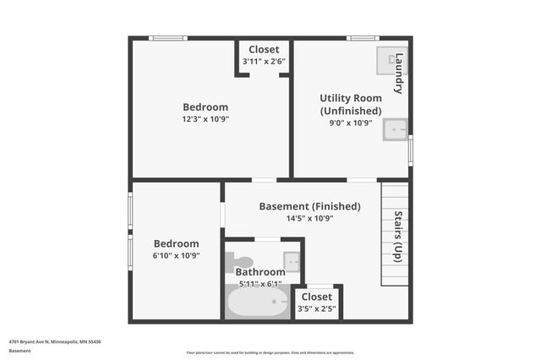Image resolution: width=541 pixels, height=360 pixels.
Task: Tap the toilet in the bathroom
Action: click(x=240, y=261)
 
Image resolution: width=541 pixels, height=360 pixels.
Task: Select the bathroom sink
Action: click(x=291, y=261)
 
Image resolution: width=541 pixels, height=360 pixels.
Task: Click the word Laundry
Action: click(x=399, y=74)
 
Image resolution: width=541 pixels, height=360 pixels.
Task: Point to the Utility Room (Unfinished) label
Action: click(x=350, y=104)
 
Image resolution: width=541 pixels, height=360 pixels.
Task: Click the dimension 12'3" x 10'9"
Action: click(x=205, y=119)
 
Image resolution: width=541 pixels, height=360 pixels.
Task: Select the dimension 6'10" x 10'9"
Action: click(x=176, y=256)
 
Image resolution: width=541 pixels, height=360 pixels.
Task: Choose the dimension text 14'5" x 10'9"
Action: click(x=309, y=218)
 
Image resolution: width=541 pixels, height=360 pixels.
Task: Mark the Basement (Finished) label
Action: click(x=309, y=206)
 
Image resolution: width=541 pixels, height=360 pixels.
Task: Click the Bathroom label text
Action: click(x=260, y=272)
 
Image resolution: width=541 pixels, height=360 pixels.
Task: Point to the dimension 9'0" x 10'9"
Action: click(x=350, y=123)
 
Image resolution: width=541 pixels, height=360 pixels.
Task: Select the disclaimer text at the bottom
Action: click(x=270, y=352)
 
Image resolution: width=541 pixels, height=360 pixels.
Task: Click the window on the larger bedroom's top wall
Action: click(x=168, y=38)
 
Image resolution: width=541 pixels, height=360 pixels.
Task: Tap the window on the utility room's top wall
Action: click(x=363, y=38)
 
